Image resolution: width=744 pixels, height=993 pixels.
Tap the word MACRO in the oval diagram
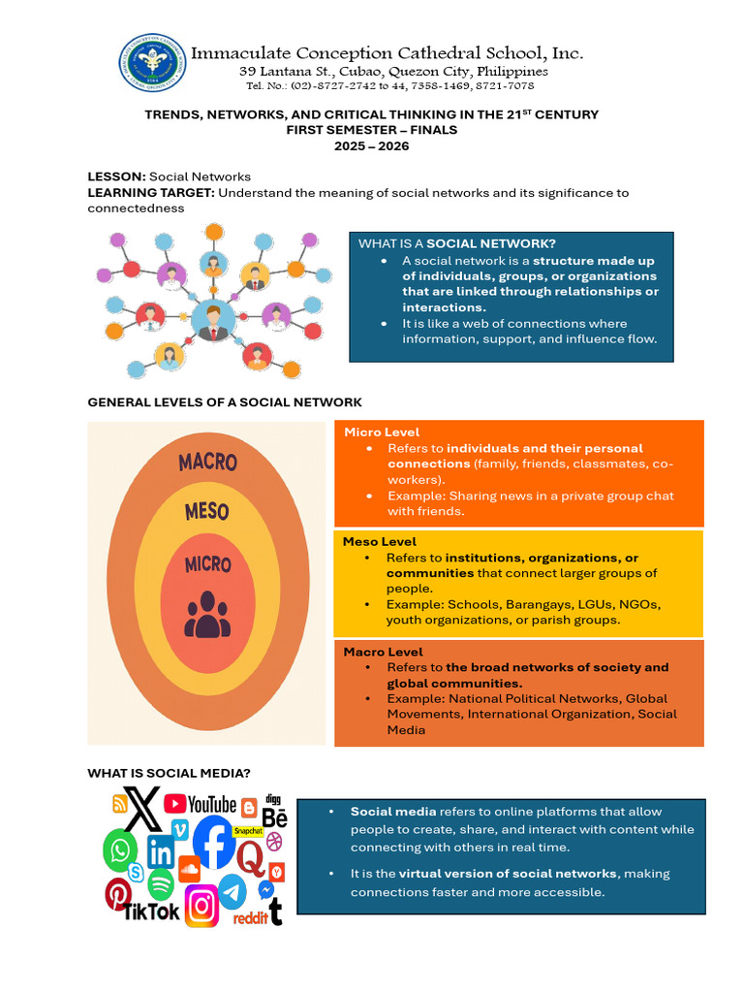click(207, 462)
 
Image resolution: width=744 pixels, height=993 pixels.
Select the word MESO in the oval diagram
click(206, 511)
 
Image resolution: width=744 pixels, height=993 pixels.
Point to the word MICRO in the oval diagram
click(207, 563)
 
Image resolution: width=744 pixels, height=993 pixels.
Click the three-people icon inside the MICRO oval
click(207, 614)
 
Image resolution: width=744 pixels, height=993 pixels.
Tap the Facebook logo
click(213, 842)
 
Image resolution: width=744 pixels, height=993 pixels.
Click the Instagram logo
click(201, 906)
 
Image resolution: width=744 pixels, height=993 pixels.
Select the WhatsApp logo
click(120, 850)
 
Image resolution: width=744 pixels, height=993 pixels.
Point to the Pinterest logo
click(118, 893)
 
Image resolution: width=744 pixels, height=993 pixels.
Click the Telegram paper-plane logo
click(232, 890)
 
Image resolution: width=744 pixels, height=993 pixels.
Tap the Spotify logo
click(161, 883)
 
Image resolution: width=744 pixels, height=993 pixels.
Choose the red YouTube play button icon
click(175, 803)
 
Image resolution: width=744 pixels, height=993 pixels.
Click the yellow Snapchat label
click(248, 831)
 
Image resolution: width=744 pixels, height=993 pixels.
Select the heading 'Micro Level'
click(382, 432)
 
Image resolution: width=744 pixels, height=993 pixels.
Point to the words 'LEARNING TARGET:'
click(150, 192)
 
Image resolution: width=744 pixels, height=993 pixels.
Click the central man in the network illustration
click(213, 321)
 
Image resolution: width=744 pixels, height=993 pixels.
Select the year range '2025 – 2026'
click(372, 146)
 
